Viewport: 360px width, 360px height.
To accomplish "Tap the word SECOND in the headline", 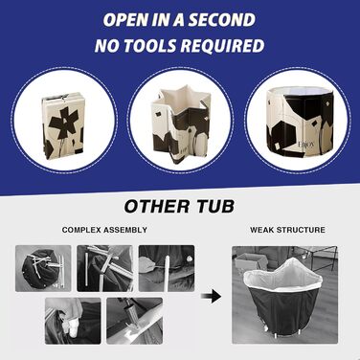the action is coord(222,20).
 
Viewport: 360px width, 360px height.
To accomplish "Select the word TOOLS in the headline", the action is coord(150,46).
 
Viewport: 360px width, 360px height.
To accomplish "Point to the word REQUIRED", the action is coord(222,46).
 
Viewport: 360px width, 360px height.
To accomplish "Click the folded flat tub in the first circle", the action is coord(63,125).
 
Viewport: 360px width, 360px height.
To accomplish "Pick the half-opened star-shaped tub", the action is coord(181,125).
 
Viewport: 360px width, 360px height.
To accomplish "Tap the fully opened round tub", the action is coord(300,123).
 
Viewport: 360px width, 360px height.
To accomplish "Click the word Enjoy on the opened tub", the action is coord(306,145).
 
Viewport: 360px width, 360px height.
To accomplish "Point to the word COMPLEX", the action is coord(80,230).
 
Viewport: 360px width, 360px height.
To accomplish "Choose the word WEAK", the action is coord(261,230).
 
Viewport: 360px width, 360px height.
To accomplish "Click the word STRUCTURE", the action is coord(301,230).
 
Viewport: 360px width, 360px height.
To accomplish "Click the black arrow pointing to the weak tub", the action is coord(211,297).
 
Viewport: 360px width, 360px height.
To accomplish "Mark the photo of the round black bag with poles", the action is coord(43,268).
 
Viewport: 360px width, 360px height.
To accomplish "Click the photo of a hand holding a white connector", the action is coord(73,321).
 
